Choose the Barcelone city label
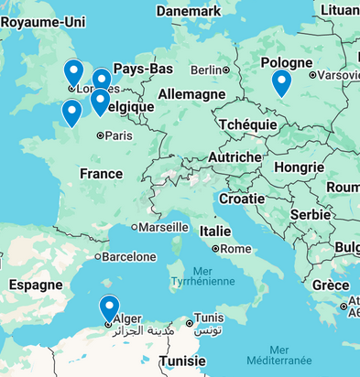coord(128,257)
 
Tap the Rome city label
coord(235,248)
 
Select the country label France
coord(101,174)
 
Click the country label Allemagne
coord(191,94)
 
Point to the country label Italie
coord(215,231)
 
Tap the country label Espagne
coord(35,285)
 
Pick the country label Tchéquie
coord(247,124)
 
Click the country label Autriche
coord(235,157)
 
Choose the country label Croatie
coord(242,199)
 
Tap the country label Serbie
coord(311,213)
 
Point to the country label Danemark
coord(188,10)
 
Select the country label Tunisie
coord(183,361)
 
